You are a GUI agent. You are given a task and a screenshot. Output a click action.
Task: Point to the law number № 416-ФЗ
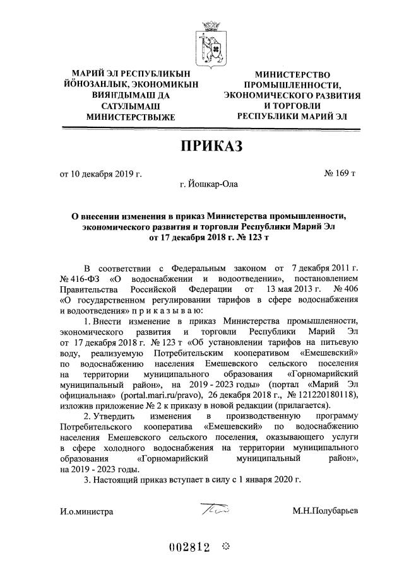coord(81,278)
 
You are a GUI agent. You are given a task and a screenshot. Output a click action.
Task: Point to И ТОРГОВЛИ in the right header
coord(293,106)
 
